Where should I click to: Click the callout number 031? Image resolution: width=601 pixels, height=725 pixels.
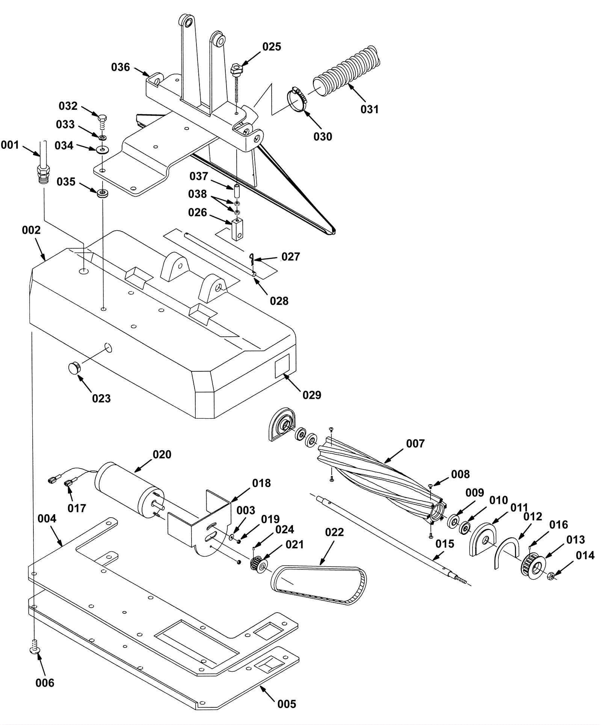(x=370, y=109)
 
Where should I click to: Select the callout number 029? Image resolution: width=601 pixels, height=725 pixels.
(x=312, y=395)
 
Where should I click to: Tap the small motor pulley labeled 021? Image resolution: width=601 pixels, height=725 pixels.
(x=260, y=564)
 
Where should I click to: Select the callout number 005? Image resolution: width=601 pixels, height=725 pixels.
(x=287, y=704)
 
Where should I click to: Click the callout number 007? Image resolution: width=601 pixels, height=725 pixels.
(x=415, y=443)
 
